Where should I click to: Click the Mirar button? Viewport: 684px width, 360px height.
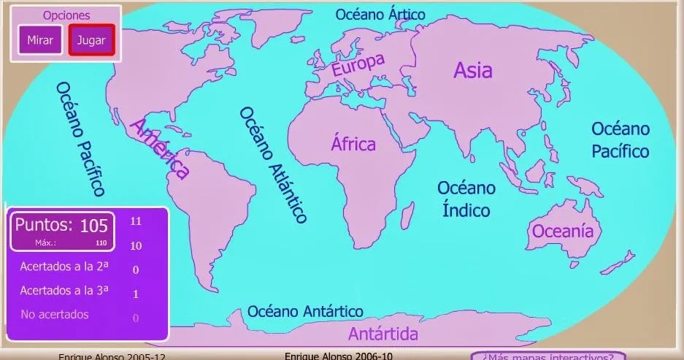point(40,40)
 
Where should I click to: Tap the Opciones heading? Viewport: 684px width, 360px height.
point(66,15)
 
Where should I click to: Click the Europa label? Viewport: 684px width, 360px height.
point(358,65)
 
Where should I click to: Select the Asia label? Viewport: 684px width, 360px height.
point(473,70)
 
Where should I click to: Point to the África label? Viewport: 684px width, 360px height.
point(353,143)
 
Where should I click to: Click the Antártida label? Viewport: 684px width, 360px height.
point(383,334)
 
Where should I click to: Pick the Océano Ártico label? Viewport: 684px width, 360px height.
point(380,14)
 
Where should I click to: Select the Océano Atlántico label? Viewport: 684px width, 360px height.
point(273,164)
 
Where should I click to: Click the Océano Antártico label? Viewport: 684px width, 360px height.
point(305,311)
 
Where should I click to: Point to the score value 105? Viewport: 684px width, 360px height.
point(93,225)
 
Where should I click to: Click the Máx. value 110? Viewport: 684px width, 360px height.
point(101,242)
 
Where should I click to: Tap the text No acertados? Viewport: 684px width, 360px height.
point(55,315)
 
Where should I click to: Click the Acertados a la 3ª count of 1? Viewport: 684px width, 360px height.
point(136,294)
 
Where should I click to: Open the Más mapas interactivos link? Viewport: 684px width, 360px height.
point(547,356)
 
